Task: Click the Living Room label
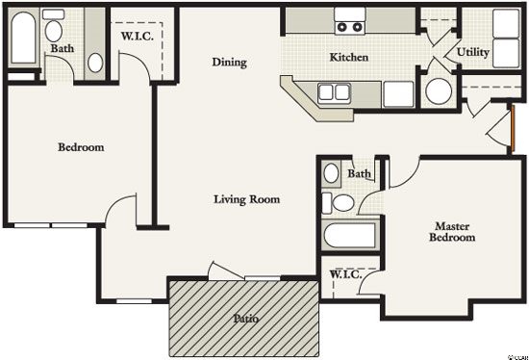[x=247, y=199]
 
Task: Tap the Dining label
[x=230, y=63]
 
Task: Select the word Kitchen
[x=349, y=57]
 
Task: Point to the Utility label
[x=473, y=52]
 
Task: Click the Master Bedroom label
[x=452, y=232]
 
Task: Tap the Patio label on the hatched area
[x=246, y=319]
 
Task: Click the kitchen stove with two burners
[x=350, y=21]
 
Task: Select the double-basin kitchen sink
[x=334, y=92]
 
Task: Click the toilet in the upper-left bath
[x=54, y=25]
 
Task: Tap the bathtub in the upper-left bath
[x=23, y=38]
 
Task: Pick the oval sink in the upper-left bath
[x=95, y=63]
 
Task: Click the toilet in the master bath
[x=338, y=203]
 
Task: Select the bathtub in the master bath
[x=350, y=235]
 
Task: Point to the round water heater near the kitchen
[x=439, y=91]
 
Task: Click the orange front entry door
[x=513, y=128]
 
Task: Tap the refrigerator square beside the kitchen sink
[x=398, y=94]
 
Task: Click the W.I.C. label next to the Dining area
[x=138, y=37]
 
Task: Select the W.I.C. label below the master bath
[x=346, y=274]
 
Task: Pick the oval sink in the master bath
[x=331, y=173]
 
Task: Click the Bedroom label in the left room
[x=81, y=147]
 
